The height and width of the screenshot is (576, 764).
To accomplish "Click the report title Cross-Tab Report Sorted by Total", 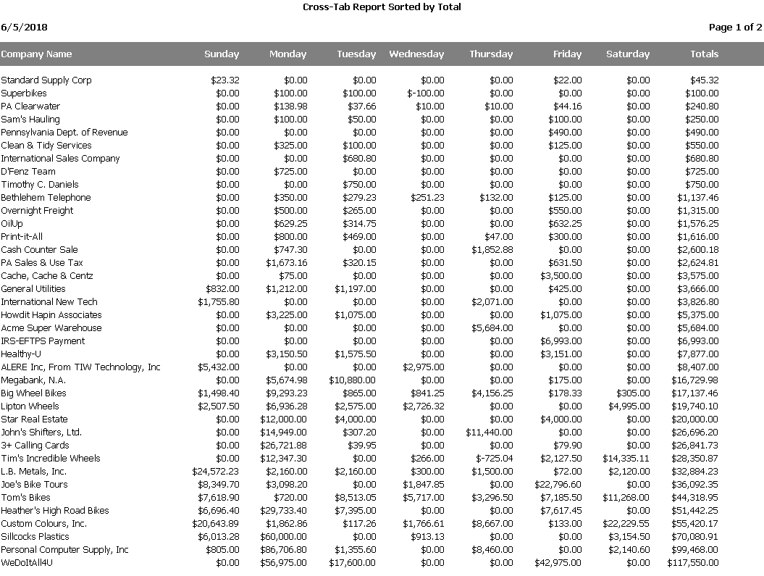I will coord(382,7).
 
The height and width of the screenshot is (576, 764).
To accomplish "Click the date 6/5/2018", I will coord(25,28).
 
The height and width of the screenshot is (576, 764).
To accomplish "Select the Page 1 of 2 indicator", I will coord(735,28).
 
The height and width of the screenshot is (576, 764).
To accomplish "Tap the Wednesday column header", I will coord(416,54).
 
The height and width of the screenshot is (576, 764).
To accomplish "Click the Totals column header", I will coord(704,54).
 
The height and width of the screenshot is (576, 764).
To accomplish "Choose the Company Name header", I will coord(36,54).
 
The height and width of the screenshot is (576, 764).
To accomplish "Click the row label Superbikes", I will coord(24,93).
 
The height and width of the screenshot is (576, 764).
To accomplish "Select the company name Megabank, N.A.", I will coord(33,380).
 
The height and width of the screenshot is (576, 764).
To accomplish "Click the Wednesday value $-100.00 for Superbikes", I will coord(426,93).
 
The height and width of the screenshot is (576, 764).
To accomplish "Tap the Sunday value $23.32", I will coord(224,80).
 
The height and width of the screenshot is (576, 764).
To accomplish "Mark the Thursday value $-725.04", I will coord(494,459).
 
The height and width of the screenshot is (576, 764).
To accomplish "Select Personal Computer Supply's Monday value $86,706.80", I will coord(284,550).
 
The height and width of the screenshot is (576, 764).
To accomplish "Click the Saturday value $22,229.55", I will coord(626,524).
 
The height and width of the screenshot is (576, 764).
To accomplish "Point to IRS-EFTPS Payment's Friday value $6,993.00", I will coord(561,341).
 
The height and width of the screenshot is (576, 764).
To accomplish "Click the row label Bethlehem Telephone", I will coord(46,198).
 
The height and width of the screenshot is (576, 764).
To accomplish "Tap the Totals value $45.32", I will coord(704,80).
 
